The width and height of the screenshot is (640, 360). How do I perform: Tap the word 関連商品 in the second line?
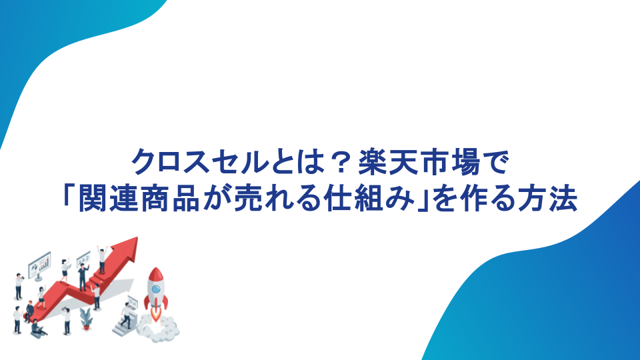tap(139, 199)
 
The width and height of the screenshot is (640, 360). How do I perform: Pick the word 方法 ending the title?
tap(547, 199)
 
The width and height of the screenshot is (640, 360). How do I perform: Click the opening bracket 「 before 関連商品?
tap(69, 196)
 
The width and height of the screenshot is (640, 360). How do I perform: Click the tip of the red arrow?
tap(137, 238)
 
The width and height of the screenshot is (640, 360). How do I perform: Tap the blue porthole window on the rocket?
tap(156, 289)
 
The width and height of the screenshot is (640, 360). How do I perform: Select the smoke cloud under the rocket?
tap(157, 327)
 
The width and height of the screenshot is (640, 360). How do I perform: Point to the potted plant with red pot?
tap(86, 319)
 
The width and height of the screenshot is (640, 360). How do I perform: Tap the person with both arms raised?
tap(102, 259)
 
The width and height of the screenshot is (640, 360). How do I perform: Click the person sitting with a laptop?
tap(38, 328)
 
